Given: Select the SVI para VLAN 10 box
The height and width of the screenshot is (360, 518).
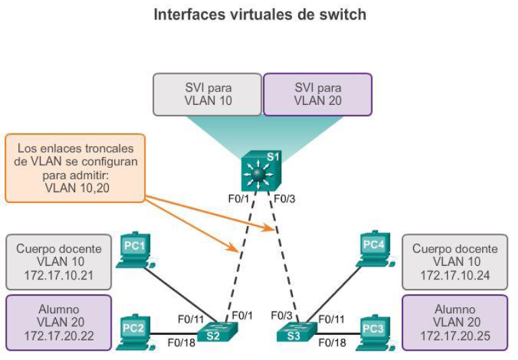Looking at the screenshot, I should click(x=207, y=93).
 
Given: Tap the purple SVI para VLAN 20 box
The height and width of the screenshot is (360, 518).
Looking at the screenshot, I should click(x=317, y=93).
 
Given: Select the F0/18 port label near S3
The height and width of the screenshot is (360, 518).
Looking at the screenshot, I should click(x=332, y=342).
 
